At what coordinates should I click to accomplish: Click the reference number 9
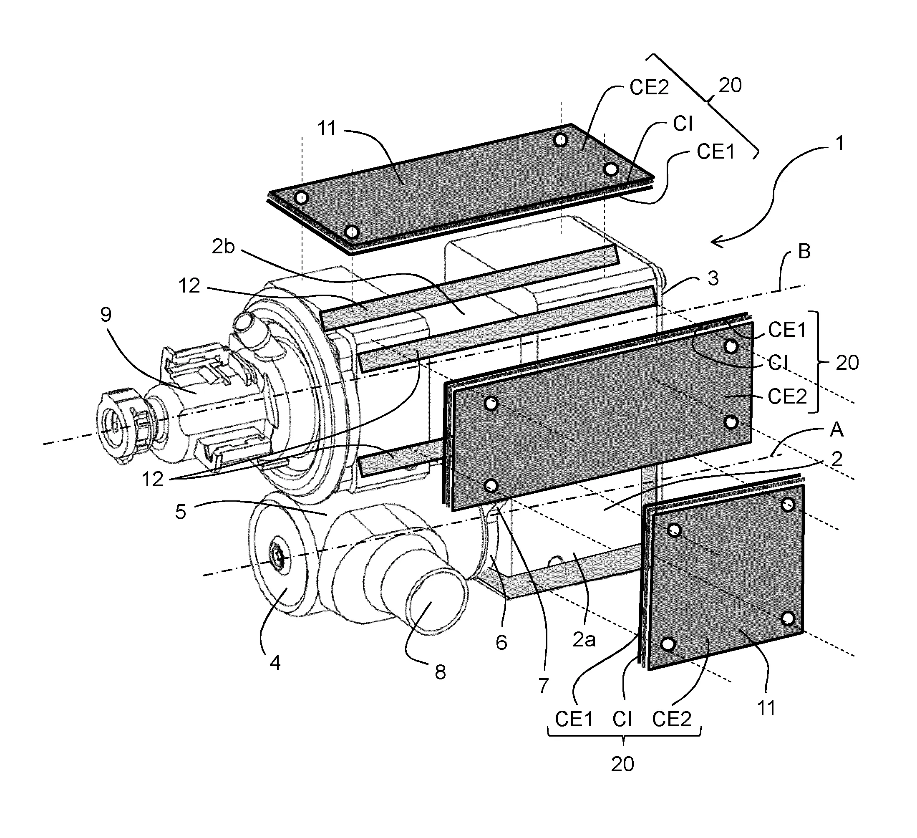(106, 315)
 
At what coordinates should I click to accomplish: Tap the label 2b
(223, 247)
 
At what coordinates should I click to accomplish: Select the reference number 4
(275, 663)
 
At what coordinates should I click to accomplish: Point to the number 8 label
(440, 672)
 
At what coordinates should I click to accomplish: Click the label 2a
(584, 640)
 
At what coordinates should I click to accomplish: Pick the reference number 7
(544, 685)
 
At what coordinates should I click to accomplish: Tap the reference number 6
(501, 642)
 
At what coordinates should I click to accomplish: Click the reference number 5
(181, 512)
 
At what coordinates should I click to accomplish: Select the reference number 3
(713, 278)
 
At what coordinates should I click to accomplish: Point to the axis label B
(804, 252)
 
